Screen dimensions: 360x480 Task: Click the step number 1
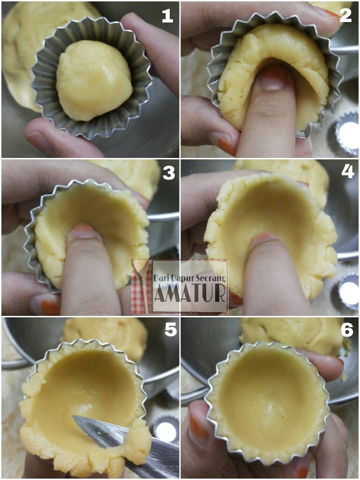click(x=167, y=16)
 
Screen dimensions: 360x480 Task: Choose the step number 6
click(x=347, y=330)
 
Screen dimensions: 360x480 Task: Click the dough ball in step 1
click(x=94, y=80)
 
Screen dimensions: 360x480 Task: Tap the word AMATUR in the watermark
click(x=190, y=293)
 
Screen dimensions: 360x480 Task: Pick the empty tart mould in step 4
click(x=349, y=292)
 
